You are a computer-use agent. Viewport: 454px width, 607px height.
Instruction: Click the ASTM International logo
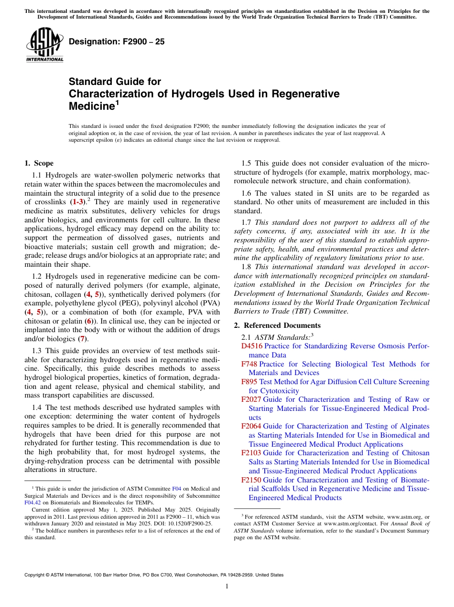[x=44, y=45]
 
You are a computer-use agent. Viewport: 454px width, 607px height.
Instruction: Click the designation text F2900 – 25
[x=117, y=42]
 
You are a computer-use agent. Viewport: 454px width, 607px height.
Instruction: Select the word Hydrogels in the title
[x=178, y=94]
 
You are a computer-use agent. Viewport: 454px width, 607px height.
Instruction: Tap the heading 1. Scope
[x=39, y=163]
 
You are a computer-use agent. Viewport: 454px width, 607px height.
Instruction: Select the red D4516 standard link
[x=252, y=346]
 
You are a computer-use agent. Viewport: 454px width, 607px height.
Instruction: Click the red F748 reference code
[x=249, y=364]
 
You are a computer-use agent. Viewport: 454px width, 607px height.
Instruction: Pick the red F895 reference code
[x=249, y=382]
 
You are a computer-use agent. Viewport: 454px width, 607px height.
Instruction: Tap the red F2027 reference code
[x=251, y=399]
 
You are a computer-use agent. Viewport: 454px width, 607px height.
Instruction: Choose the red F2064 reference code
[x=251, y=426]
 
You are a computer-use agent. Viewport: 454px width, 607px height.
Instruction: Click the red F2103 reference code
[x=251, y=453]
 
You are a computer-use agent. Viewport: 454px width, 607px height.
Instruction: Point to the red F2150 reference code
[x=251, y=480]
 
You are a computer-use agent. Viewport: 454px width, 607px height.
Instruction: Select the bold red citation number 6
[x=88, y=321]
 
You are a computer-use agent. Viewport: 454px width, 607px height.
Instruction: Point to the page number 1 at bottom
[x=227, y=586]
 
